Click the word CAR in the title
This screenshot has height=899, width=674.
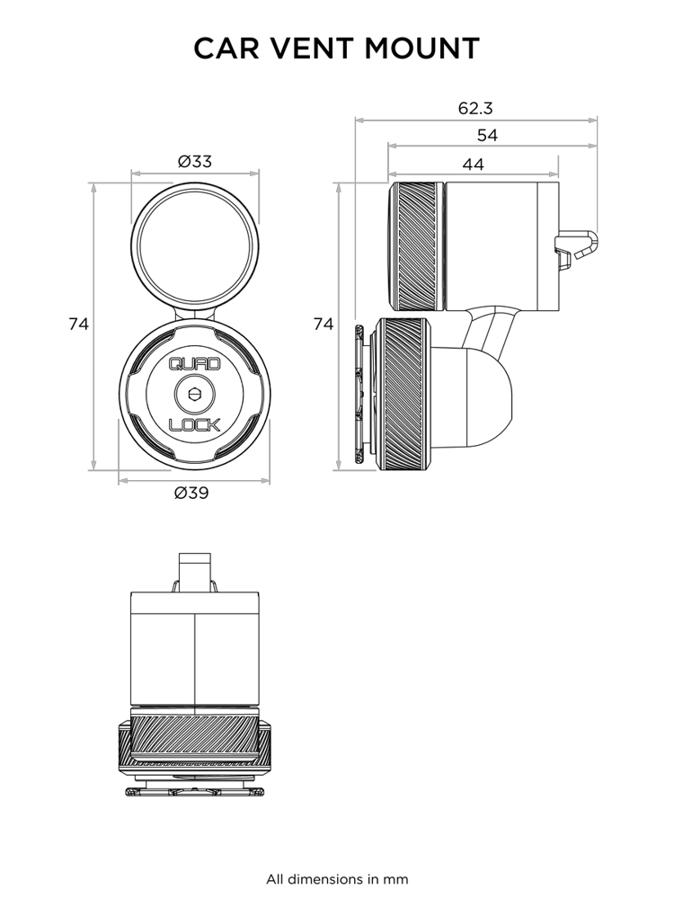(x=228, y=49)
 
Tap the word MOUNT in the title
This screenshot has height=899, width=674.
(x=421, y=49)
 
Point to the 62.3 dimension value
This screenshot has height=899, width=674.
(x=475, y=109)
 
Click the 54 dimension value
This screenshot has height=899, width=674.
(x=487, y=136)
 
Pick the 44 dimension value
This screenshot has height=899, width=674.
(x=473, y=165)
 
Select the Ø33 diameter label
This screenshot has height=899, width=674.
(x=195, y=162)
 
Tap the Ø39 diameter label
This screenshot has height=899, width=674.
(x=191, y=493)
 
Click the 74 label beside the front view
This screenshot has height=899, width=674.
(x=79, y=325)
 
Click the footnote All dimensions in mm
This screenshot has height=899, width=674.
(x=337, y=878)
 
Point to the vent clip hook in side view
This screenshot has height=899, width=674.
(x=576, y=247)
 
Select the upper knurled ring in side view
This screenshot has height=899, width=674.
(x=417, y=245)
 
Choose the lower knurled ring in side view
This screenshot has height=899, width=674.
(x=404, y=393)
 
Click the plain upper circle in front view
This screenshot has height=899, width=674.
(x=195, y=244)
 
